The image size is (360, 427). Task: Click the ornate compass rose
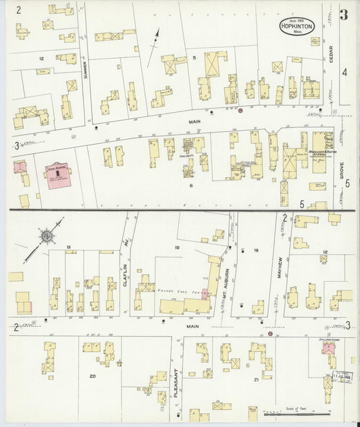(47, 236)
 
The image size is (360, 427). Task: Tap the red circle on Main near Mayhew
(270, 333)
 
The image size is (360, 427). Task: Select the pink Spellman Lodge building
(330, 348)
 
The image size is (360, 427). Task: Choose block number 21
(256, 380)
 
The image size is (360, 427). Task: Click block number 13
(69, 248)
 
